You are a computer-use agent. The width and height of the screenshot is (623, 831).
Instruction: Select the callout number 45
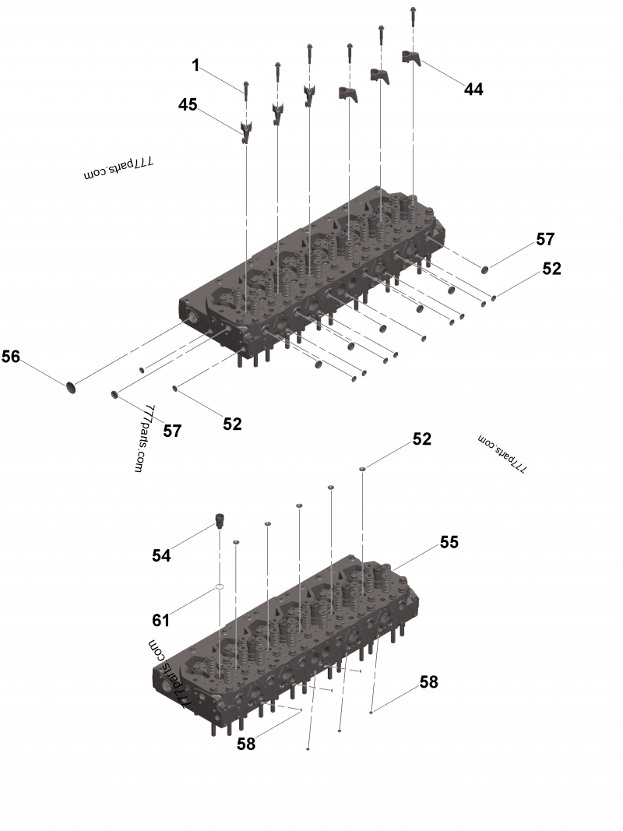(188, 104)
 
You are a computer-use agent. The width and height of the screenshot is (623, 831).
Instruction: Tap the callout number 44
(473, 90)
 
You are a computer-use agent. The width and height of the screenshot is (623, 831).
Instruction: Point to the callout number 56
(10, 357)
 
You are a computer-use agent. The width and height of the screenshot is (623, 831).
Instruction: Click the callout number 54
(161, 555)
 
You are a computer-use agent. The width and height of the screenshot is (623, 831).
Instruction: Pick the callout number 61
(160, 620)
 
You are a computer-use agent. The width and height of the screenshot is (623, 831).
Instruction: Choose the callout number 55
(449, 542)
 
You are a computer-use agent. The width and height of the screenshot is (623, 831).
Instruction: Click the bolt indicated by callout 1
(246, 92)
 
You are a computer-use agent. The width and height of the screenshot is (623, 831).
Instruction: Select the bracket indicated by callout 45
(246, 131)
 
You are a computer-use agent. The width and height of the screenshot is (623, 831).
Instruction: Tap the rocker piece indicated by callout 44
(411, 57)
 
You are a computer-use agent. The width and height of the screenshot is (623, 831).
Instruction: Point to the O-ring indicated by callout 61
(220, 588)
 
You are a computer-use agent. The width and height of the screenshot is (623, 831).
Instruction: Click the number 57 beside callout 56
(172, 430)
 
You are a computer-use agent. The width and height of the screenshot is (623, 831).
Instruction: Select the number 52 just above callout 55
(421, 439)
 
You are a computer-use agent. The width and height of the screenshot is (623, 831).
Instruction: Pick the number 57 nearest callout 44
(544, 239)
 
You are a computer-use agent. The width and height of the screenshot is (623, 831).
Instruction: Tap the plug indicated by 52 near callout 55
(363, 469)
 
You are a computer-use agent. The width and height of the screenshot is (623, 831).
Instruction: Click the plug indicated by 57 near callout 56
(114, 393)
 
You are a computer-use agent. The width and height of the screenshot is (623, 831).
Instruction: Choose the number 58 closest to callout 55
(428, 682)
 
